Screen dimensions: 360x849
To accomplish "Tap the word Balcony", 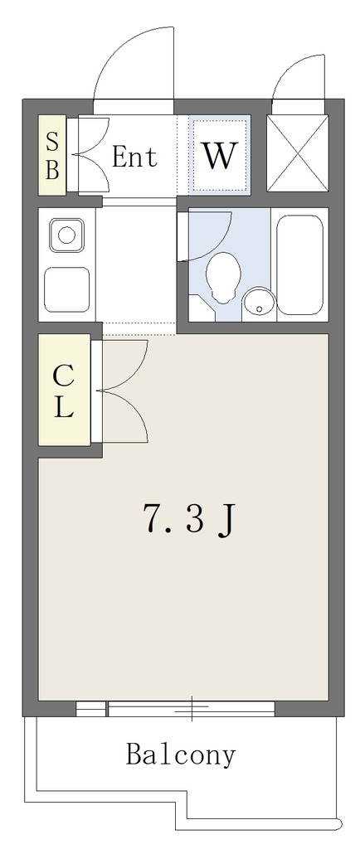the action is pyautogui.click(x=181, y=754).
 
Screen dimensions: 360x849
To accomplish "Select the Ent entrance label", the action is pyautogui.click(x=135, y=157).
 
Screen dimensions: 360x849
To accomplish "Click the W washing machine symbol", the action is pyautogui.click(x=220, y=155).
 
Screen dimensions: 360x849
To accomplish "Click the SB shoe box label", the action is pyautogui.click(x=52, y=156).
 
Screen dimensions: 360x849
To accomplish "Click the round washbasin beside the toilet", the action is pyautogui.click(x=259, y=303).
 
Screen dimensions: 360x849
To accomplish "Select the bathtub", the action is pyautogui.click(x=300, y=264).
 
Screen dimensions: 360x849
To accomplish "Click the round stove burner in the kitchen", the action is pyautogui.click(x=66, y=235).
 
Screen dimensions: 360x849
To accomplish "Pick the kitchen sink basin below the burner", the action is pyautogui.click(x=67, y=289).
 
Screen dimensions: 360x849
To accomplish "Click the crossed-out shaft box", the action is pyautogui.click(x=298, y=153).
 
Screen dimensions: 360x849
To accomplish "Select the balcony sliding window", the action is pyautogui.click(x=191, y=709).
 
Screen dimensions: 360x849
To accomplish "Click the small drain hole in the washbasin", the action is pyautogui.click(x=260, y=309).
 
